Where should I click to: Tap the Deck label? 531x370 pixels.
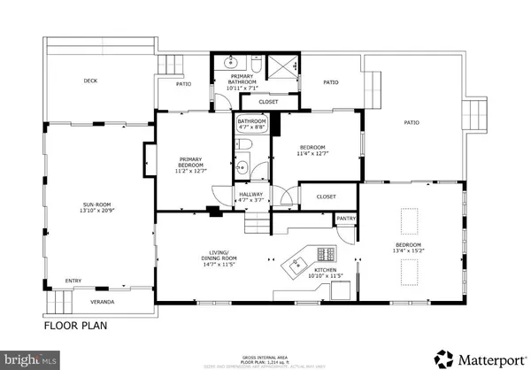click(x=90, y=81)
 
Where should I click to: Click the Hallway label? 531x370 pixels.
click(x=250, y=197)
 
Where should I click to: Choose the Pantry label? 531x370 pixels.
click(x=346, y=218)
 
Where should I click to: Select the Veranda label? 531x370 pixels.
click(x=90, y=301)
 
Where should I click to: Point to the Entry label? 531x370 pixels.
click(x=73, y=282)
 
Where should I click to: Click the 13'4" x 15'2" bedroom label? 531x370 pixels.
click(x=408, y=249)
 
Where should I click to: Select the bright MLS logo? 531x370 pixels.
click(x=26, y=359)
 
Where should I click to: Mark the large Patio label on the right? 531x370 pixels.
click(x=412, y=123)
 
